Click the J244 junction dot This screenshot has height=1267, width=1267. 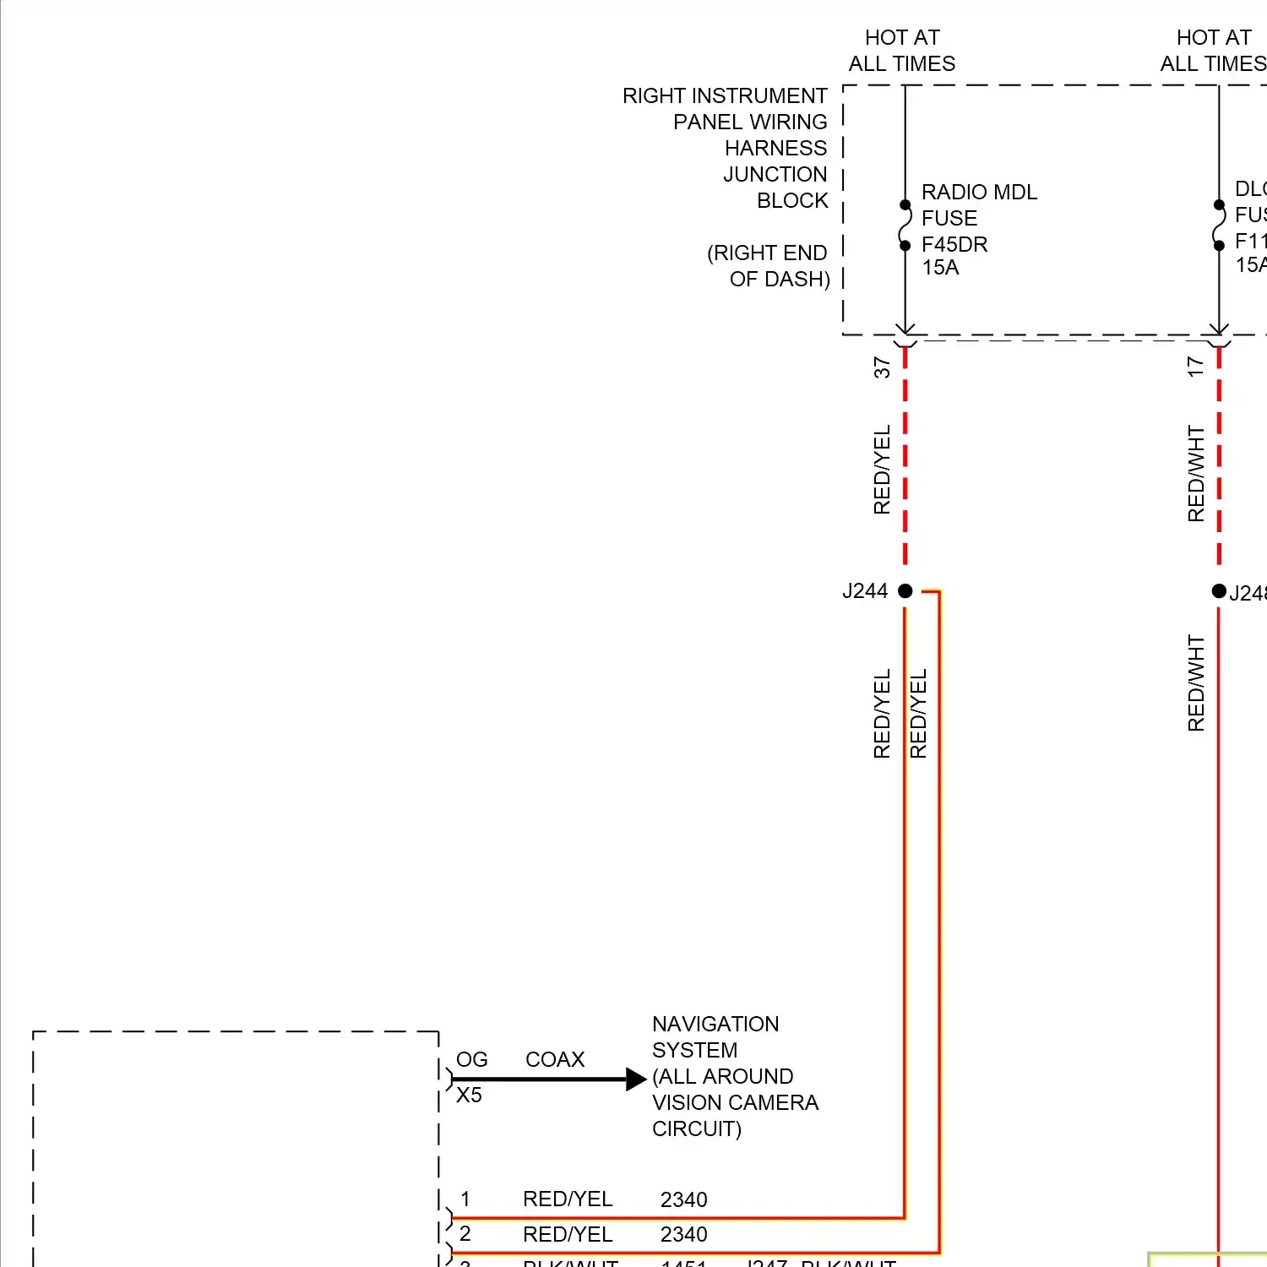905,591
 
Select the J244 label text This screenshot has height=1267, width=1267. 864,591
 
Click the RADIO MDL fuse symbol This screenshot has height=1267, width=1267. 905,226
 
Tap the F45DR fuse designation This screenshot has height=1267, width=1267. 954,245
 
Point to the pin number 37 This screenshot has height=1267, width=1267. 882,367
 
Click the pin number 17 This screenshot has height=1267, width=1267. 1195,367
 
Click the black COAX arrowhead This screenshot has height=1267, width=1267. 635,1079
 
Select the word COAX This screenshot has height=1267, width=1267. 555,1060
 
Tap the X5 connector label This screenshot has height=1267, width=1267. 469,1096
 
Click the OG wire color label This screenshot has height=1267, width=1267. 471,1060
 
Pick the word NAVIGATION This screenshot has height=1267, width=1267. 715,1025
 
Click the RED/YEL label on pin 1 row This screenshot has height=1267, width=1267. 568,1199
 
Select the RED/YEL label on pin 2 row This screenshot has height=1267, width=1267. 568,1235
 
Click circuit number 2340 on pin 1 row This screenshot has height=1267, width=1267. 683,1200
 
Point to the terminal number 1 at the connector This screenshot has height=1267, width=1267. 465,1199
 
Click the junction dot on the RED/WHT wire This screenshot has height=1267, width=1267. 1219,591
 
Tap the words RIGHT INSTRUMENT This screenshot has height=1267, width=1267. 725,96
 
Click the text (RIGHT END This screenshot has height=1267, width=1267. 767,253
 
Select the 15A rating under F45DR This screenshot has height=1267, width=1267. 940,268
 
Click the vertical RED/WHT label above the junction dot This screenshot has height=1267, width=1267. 1195,473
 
